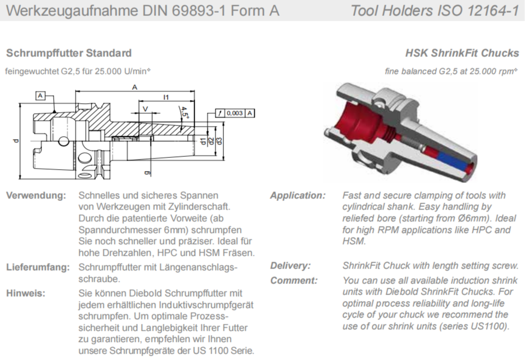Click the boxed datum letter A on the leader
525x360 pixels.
[x=40, y=96]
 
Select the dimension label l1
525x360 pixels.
[x=165, y=97]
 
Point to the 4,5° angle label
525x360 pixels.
[x=184, y=113]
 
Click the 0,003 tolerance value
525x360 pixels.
[x=234, y=113]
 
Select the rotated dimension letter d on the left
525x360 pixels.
[x=16, y=140]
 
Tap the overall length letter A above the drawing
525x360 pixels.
[x=135, y=87]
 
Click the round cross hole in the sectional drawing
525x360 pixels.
[x=63, y=141]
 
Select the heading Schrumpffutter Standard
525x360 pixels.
[x=69, y=53]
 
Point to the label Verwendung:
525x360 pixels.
[x=36, y=196]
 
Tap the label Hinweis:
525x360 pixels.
[x=26, y=293]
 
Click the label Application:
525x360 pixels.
[x=297, y=196]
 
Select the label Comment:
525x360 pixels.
[x=294, y=280]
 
